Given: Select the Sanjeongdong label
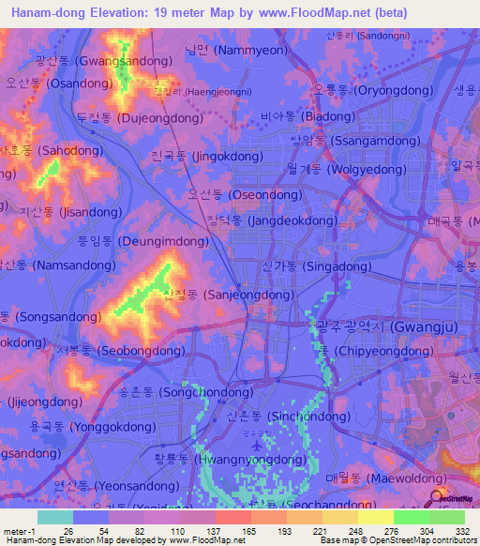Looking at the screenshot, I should tap(228, 295).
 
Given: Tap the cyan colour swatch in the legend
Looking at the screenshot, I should tap(55, 517).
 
